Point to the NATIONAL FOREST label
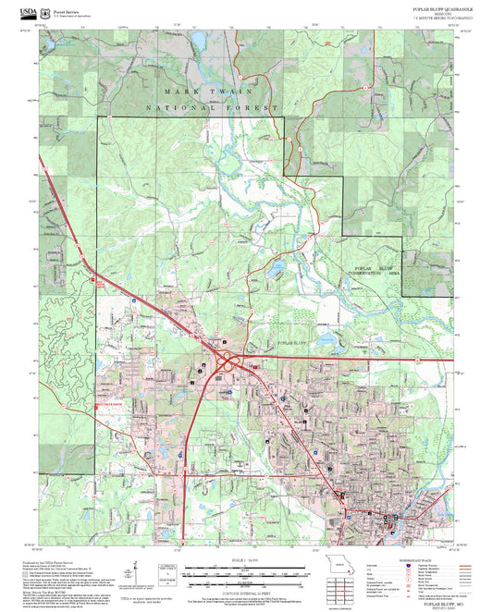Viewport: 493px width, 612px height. click(x=212, y=108)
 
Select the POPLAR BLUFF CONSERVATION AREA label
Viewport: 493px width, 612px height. click(x=376, y=270)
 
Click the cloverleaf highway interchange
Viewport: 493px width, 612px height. click(x=227, y=362)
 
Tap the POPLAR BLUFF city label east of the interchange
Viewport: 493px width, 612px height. click(x=294, y=343)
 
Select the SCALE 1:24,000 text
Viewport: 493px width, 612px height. click(x=246, y=557)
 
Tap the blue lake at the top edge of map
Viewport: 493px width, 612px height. click(x=199, y=40)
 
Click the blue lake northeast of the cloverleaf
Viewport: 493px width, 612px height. click(x=276, y=271)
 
